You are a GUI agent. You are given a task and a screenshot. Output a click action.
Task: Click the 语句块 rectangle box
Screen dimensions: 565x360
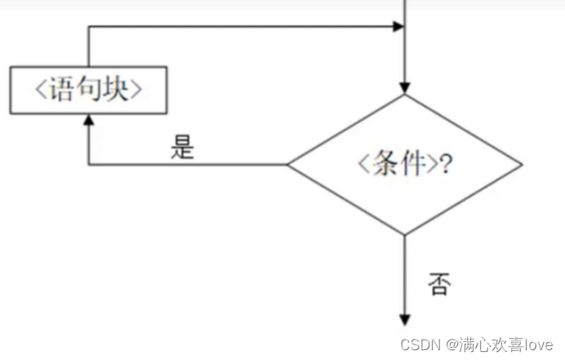tap(88, 90)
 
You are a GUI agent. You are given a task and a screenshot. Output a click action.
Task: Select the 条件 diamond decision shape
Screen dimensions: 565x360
tap(404, 164)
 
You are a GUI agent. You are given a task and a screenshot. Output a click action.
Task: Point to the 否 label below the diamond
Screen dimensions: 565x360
tap(438, 284)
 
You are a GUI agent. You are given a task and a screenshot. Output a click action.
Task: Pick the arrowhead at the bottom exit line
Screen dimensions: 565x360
tap(404, 319)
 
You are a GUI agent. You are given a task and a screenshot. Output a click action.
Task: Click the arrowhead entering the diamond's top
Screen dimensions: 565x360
tap(404, 88)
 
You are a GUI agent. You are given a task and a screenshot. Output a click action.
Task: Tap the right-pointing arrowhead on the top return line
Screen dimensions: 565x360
tap(398, 26)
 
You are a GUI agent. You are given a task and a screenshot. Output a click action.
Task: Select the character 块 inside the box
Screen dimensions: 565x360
tap(114, 90)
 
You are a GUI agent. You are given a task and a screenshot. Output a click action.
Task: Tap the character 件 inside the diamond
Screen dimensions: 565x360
tap(414, 164)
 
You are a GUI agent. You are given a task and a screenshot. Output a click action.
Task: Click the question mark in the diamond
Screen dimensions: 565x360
tap(447, 164)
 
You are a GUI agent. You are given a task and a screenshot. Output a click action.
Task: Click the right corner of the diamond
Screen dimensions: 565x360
tap(520, 164)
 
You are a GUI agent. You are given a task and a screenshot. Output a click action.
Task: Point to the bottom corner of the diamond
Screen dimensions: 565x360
tap(404, 234)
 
